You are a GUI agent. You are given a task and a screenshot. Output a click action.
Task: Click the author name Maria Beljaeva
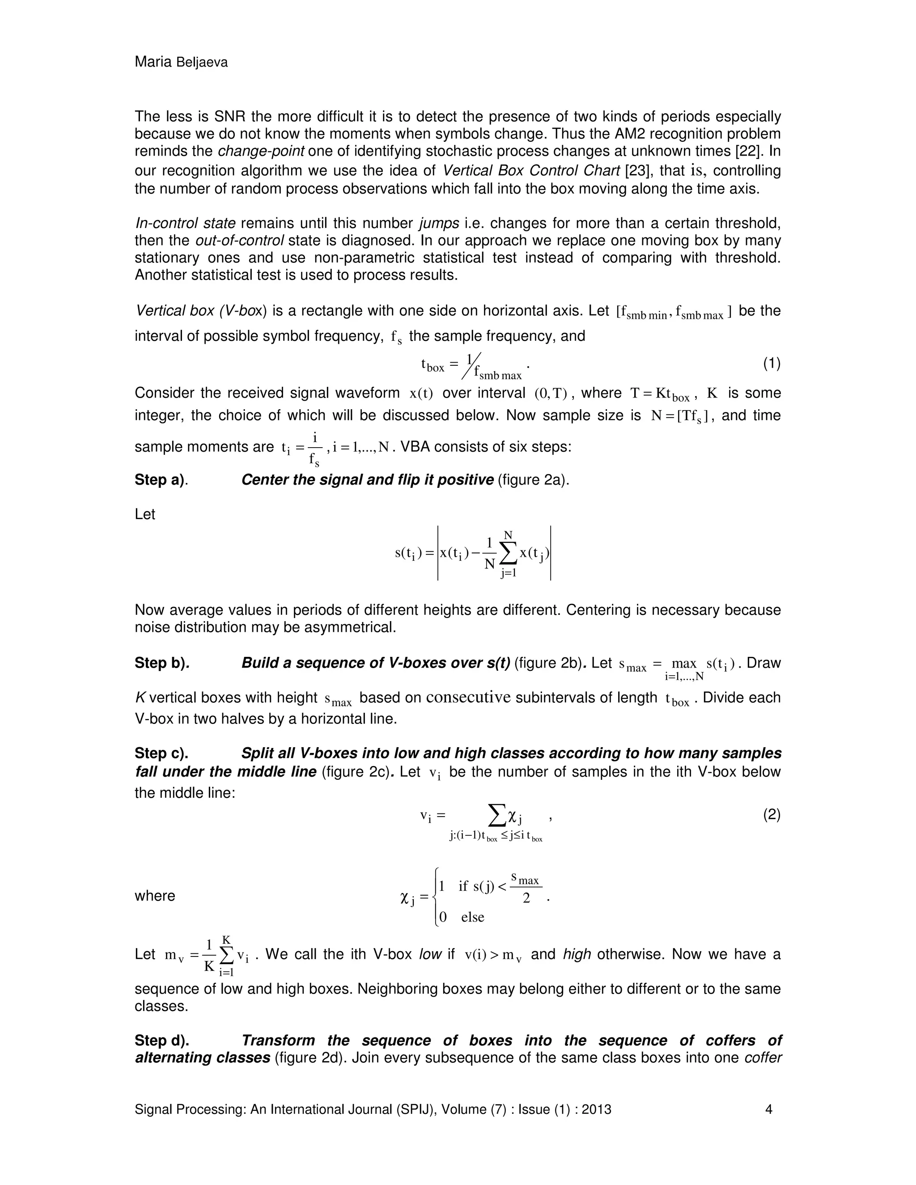click(181, 63)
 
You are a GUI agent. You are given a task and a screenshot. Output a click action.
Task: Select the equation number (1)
click(772, 364)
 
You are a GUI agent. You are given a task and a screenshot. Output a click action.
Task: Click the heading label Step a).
click(161, 480)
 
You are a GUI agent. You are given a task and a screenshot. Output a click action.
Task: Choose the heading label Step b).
click(161, 663)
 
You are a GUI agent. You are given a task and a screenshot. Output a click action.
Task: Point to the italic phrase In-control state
click(185, 223)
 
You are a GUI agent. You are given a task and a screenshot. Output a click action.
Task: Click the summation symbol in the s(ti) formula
click(509, 554)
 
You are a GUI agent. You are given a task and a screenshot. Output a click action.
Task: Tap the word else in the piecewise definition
click(472, 917)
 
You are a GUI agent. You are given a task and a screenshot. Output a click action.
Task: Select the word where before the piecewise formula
click(155, 895)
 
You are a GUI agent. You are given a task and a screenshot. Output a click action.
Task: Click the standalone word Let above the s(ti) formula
click(144, 514)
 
